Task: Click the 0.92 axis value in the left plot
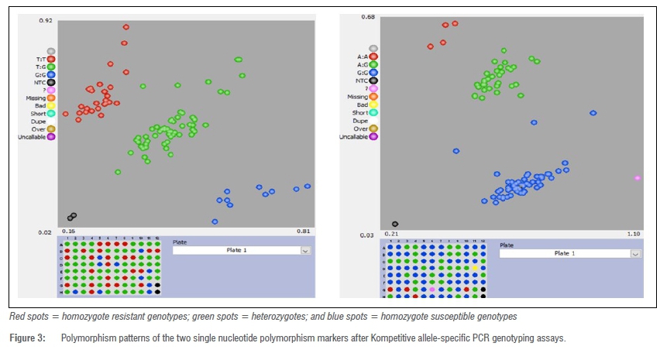click(46, 21)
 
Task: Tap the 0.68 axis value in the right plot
click(368, 17)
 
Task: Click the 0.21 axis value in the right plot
click(392, 234)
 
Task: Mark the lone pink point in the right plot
click(638, 178)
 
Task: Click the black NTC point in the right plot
click(395, 225)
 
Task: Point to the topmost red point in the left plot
click(125, 27)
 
